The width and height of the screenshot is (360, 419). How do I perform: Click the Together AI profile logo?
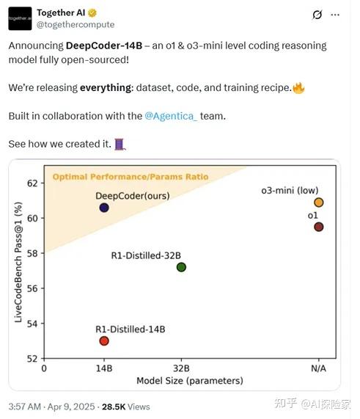pos(20,18)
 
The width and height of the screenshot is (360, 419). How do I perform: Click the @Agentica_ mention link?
pos(171,116)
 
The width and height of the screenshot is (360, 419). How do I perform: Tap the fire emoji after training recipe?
pos(298,87)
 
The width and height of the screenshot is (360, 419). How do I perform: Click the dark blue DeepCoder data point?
pos(104,208)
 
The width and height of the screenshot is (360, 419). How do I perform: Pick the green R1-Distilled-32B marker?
pos(181,267)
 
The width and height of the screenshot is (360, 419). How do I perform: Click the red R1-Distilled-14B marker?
pos(104,340)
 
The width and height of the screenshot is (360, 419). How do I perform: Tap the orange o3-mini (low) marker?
pos(318,203)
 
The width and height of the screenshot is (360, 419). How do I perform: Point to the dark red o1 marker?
pos(318,227)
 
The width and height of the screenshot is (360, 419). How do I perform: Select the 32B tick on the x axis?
pos(181,368)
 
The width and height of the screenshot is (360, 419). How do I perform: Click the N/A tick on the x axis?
pos(318,368)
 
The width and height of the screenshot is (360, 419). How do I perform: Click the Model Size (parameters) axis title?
pos(189,381)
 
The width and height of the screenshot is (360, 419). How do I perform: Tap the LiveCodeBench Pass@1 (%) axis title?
pos(18,269)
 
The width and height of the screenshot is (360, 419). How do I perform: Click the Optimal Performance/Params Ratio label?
pos(130,177)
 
